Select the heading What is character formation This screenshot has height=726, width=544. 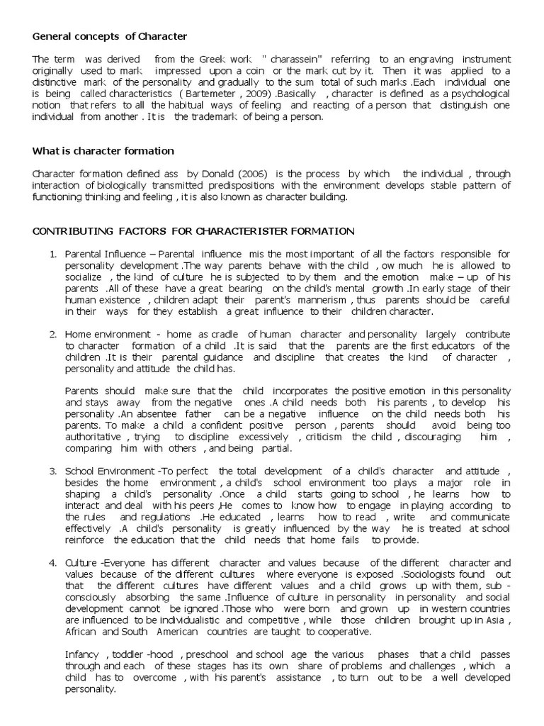(103, 151)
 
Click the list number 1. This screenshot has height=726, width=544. (52, 253)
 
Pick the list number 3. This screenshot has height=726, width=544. (52, 471)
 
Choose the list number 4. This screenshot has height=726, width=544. (52, 563)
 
